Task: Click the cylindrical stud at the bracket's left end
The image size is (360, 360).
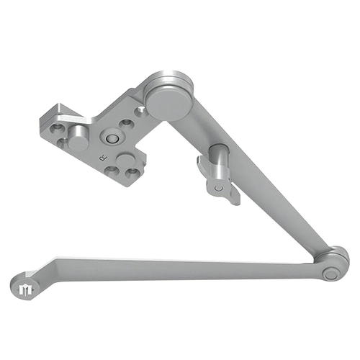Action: click(x=77, y=141)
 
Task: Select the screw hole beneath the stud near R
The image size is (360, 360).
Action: click(x=132, y=174)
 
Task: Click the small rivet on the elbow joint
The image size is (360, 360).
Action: click(x=330, y=274)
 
